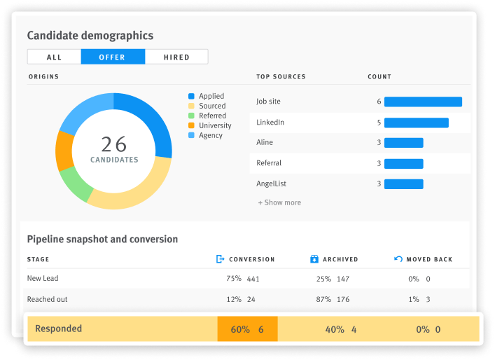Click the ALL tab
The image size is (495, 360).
(54, 57)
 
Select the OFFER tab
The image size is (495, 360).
(113, 57)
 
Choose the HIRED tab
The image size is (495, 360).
(176, 57)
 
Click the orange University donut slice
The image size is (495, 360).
(64, 151)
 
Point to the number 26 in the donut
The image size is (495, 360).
(113, 144)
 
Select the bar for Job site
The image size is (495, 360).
(423, 102)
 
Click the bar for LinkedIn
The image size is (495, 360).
(416, 123)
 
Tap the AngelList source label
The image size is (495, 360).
(271, 184)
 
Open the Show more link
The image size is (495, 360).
(279, 202)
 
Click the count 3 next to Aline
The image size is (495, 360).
(379, 143)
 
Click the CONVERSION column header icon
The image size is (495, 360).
(221, 259)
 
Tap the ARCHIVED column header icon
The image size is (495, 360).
(314, 259)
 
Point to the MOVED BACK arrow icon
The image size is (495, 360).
(398, 259)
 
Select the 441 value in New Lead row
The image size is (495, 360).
(253, 278)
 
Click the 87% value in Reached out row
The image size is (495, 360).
(323, 299)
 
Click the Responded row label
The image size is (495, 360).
(58, 328)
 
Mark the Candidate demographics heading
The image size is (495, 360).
(90, 35)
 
